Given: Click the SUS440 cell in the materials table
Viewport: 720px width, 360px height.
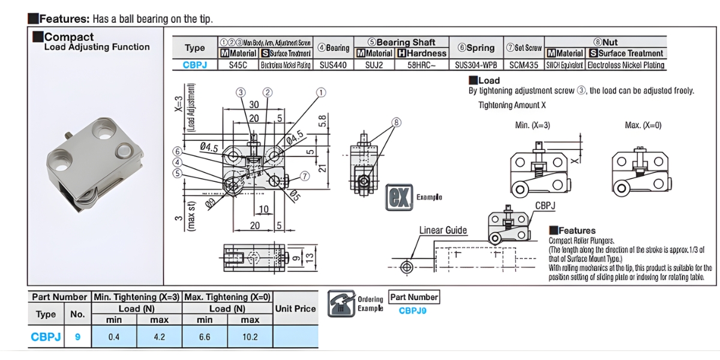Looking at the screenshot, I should coord(333,64).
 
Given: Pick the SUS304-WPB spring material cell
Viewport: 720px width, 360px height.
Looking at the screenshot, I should coord(476,64).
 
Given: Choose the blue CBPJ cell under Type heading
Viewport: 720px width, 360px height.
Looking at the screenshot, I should coord(194,64).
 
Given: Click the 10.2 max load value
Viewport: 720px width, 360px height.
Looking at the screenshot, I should coord(250,337).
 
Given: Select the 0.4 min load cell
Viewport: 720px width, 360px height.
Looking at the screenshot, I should coord(114,337).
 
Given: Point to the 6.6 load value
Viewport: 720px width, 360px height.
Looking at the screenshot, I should coord(205,337).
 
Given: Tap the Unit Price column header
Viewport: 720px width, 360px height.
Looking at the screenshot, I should coord(295,308).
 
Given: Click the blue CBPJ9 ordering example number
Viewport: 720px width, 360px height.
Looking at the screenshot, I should coord(413,311).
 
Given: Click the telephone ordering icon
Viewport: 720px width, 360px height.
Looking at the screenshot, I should coord(341,304).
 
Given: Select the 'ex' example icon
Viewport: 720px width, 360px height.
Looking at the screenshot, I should coord(398,197).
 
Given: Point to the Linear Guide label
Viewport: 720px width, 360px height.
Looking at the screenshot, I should coord(443,230).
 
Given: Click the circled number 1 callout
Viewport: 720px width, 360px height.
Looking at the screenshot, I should coord(322,92).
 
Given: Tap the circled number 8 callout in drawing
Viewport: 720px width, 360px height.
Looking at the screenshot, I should coord(397,122).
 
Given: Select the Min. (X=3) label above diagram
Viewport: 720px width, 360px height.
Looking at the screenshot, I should coord(532,125).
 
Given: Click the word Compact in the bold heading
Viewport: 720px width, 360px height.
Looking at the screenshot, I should coord(69,37).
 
